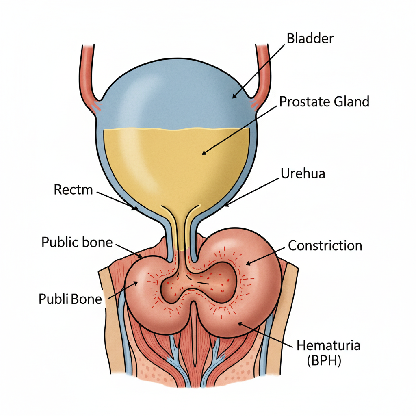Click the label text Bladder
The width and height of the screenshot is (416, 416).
pos(310,39)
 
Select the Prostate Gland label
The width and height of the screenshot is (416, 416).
pos(324,101)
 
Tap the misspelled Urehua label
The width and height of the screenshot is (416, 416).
pos(303,174)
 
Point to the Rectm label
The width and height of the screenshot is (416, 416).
pos(73,189)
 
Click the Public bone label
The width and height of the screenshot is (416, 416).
pos(77,243)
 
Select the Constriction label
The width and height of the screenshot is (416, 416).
pos(325,245)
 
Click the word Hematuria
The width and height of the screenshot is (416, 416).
pos(328,346)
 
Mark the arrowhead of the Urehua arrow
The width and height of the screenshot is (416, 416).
pos(225,206)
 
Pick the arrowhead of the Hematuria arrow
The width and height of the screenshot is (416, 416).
pos(238,323)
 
